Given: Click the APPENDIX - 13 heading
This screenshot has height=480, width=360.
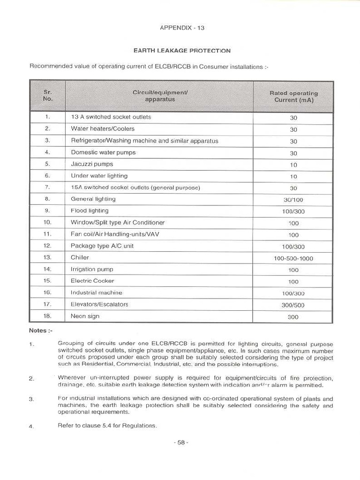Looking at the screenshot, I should [182, 28].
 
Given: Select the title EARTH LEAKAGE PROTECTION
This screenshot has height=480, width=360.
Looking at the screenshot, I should [182, 51].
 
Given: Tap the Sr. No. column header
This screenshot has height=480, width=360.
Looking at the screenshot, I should [48, 96].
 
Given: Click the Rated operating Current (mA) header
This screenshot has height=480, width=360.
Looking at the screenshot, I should [293, 97].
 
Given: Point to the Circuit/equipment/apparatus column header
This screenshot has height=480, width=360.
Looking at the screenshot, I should [160, 96].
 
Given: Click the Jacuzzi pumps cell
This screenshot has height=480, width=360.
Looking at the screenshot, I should [92, 164].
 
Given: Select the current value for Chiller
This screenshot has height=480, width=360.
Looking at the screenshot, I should [293, 258].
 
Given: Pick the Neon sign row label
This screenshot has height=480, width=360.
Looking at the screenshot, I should [85, 316].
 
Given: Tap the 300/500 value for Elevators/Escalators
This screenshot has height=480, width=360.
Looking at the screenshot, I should [293, 305].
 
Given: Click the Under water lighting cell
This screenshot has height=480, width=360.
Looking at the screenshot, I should [99, 176].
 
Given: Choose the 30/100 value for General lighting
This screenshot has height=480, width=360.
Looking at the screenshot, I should [293, 200].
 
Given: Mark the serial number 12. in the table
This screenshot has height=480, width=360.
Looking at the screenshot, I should [47, 246].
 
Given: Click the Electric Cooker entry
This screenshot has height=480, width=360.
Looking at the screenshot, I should [92, 281].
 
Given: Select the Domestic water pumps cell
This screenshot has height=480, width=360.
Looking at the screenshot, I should [103, 152].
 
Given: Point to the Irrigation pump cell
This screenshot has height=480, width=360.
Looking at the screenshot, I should [92, 269].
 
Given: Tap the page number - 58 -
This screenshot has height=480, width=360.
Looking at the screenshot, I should [181, 442].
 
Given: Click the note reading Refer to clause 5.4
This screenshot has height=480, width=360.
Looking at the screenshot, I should [107, 426].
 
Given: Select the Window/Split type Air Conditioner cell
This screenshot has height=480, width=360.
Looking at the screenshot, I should [118, 222].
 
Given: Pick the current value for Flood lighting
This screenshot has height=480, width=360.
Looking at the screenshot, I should [293, 211].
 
